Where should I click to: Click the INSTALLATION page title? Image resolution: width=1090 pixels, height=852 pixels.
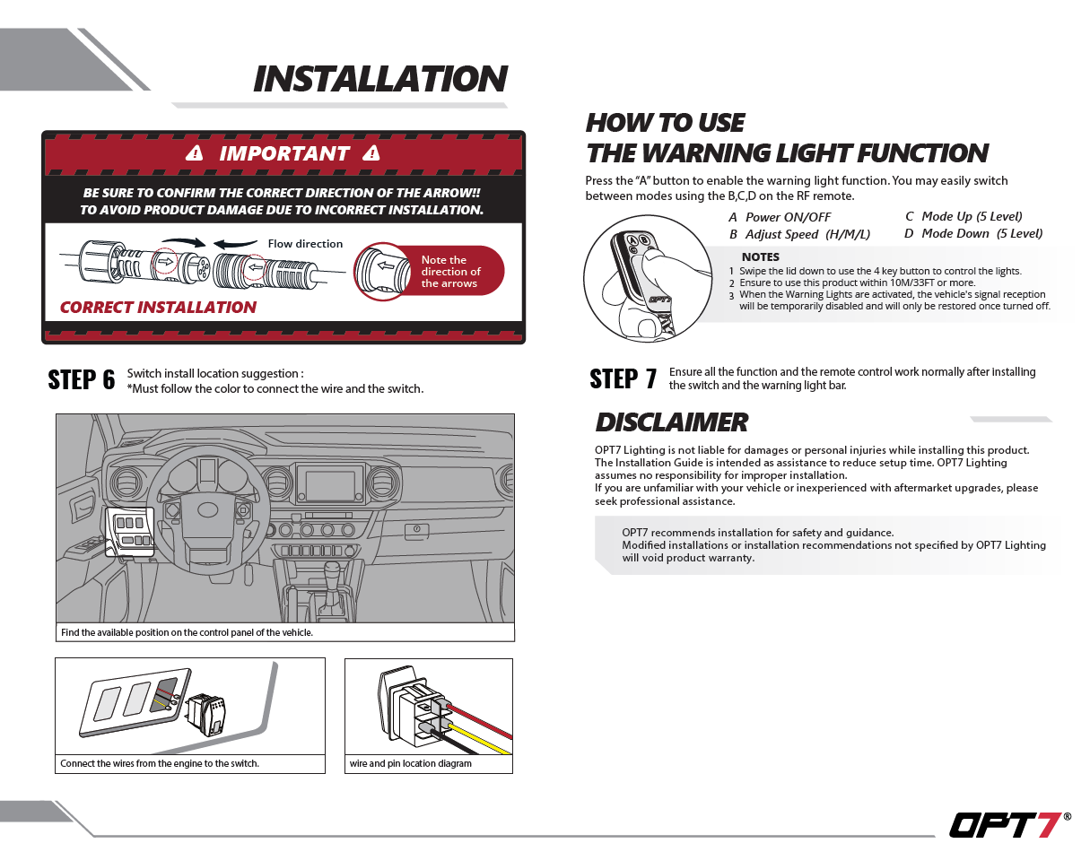(379, 79)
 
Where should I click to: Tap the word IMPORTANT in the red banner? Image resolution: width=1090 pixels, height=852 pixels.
(284, 153)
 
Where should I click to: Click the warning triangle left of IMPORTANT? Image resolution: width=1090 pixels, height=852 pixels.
(194, 154)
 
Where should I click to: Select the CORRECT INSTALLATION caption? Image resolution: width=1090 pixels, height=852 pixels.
(158, 308)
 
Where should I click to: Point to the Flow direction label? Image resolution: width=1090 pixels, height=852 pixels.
(305, 244)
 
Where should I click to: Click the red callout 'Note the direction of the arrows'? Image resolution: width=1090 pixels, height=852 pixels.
(451, 272)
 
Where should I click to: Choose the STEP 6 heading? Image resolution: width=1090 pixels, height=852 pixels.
(82, 380)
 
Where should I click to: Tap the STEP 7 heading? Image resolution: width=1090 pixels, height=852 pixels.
(623, 379)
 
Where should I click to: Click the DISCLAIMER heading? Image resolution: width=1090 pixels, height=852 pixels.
(671, 422)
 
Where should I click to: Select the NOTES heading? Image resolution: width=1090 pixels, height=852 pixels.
(760, 257)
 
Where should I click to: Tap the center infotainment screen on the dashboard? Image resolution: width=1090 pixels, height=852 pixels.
(330, 485)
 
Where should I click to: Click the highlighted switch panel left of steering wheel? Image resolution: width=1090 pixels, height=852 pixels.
(130, 531)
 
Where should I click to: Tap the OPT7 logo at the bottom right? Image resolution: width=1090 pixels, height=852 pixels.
(1006, 824)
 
